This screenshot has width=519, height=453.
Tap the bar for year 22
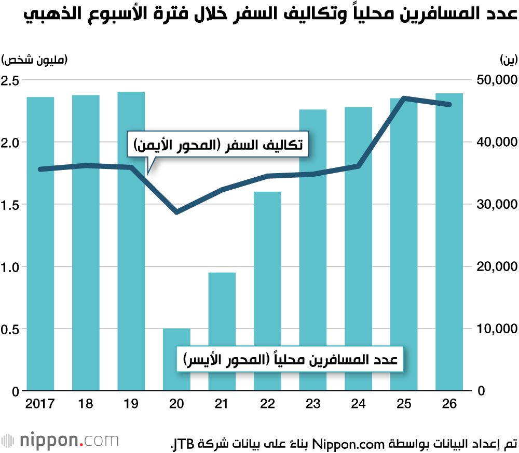click(267, 290)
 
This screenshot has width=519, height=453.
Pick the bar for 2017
click(40, 244)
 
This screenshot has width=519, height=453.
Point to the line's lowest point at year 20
click(177, 212)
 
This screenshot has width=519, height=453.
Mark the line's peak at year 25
click(404, 98)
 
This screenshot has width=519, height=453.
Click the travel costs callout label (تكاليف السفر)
click(218, 145)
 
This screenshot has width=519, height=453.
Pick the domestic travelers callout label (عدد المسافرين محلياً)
click(290, 359)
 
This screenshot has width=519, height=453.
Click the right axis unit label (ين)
click(509, 60)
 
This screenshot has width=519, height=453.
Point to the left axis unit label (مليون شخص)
click(35, 60)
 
